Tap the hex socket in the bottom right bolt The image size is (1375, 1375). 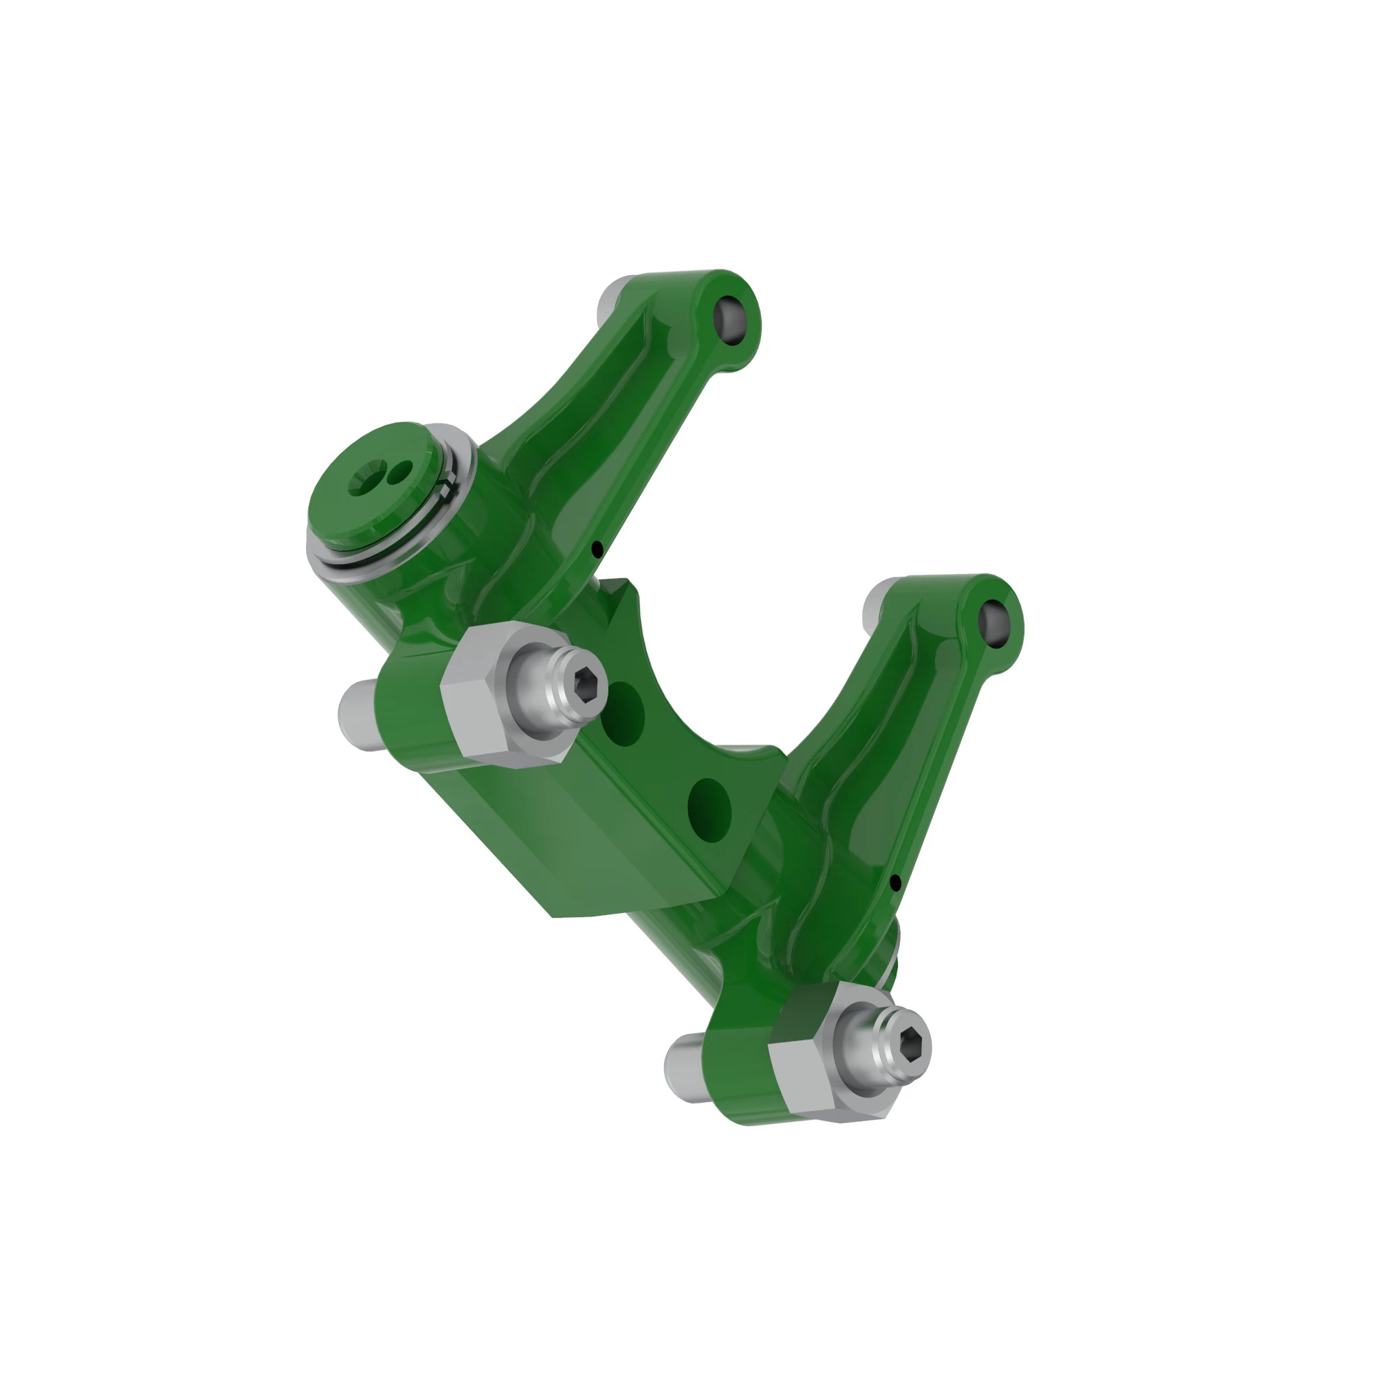click(x=914, y=1045)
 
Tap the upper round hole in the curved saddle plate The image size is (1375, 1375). click(x=623, y=714)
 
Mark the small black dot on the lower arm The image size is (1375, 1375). click(x=895, y=883)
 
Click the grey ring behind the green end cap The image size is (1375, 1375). click(x=456, y=491)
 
